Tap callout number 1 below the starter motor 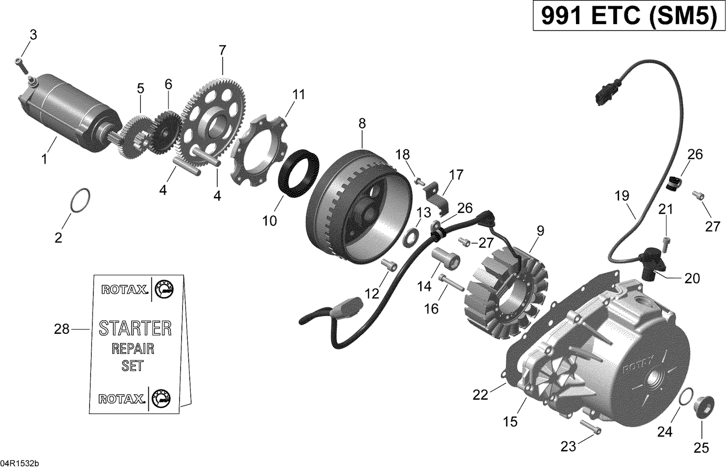coord(45,158)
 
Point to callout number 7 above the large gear coord(222,50)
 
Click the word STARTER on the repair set coord(135,328)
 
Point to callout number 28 coord(62,329)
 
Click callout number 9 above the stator coord(540,231)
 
